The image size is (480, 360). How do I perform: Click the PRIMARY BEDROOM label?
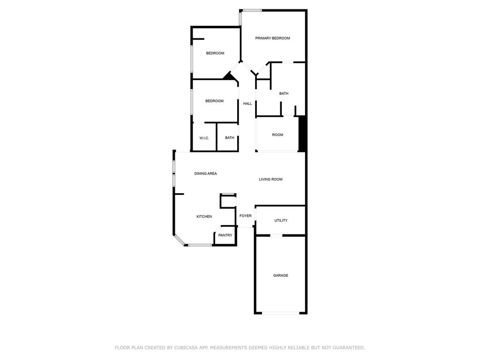point(272,38)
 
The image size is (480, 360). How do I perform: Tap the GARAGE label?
point(280,276)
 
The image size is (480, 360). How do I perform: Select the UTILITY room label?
point(281,220)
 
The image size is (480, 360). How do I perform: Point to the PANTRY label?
point(225,235)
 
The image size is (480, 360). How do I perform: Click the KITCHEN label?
point(204,217)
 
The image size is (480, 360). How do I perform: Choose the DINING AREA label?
point(205,173)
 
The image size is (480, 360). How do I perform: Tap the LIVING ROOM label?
point(270,180)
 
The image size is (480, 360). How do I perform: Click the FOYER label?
point(245,216)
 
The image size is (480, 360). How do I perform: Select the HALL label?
point(247,104)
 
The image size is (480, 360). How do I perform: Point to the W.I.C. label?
point(204,138)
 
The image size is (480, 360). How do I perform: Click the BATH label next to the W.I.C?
point(229,138)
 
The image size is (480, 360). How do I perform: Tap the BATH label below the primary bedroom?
point(284,94)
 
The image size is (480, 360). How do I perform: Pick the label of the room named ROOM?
point(277,135)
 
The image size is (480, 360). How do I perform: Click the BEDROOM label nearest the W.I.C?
point(214,101)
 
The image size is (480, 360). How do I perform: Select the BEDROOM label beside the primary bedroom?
point(215,53)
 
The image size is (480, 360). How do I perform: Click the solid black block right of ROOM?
point(302,134)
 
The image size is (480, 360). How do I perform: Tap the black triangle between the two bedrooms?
point(228,76)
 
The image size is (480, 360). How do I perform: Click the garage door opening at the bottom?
point(280,313)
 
